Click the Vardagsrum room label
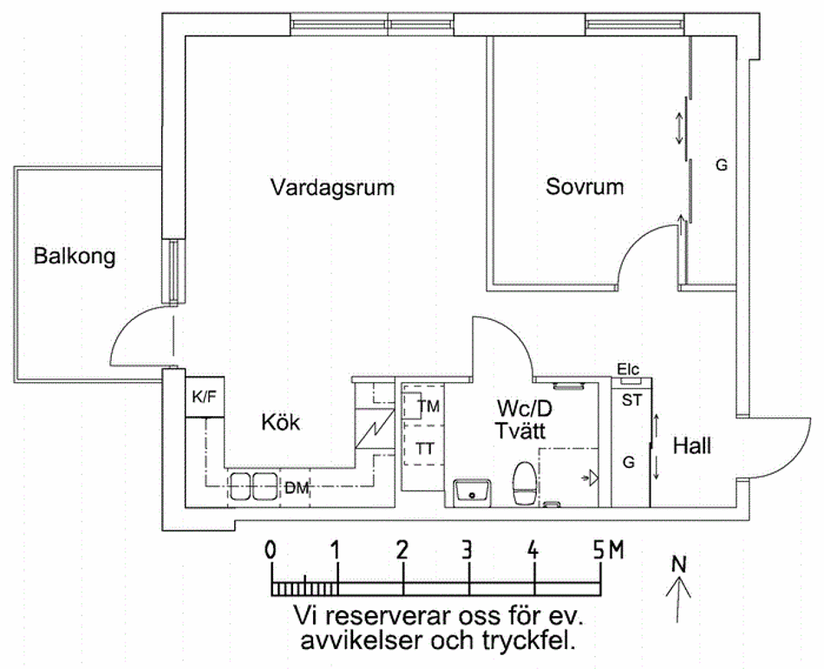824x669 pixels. [331, 187]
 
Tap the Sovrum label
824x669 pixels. [585, 186]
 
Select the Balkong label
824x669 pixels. [74, 257]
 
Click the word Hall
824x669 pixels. [692, 446]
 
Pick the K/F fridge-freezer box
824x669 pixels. [205, 398]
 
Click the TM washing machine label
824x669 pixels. [428, 406]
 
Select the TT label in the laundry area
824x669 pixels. [425, 449]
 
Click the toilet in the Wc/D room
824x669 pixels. [523, 483]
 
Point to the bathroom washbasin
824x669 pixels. [473, 490]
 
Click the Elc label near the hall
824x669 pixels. [629, 369]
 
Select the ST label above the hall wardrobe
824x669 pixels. [631, 400]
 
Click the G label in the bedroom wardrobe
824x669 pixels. [721, 165]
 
